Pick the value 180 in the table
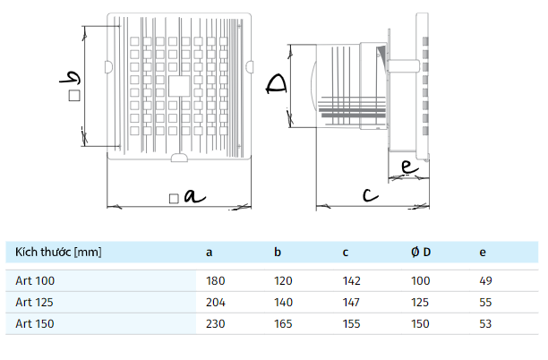(215, 280)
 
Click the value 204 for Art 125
(215, 301)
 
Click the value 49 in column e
(486, 280)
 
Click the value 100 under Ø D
(421, 280)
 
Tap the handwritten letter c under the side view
(368, 194)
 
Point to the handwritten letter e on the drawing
(407, 167)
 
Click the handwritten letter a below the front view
(190, 195)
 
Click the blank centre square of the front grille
(178, 85)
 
